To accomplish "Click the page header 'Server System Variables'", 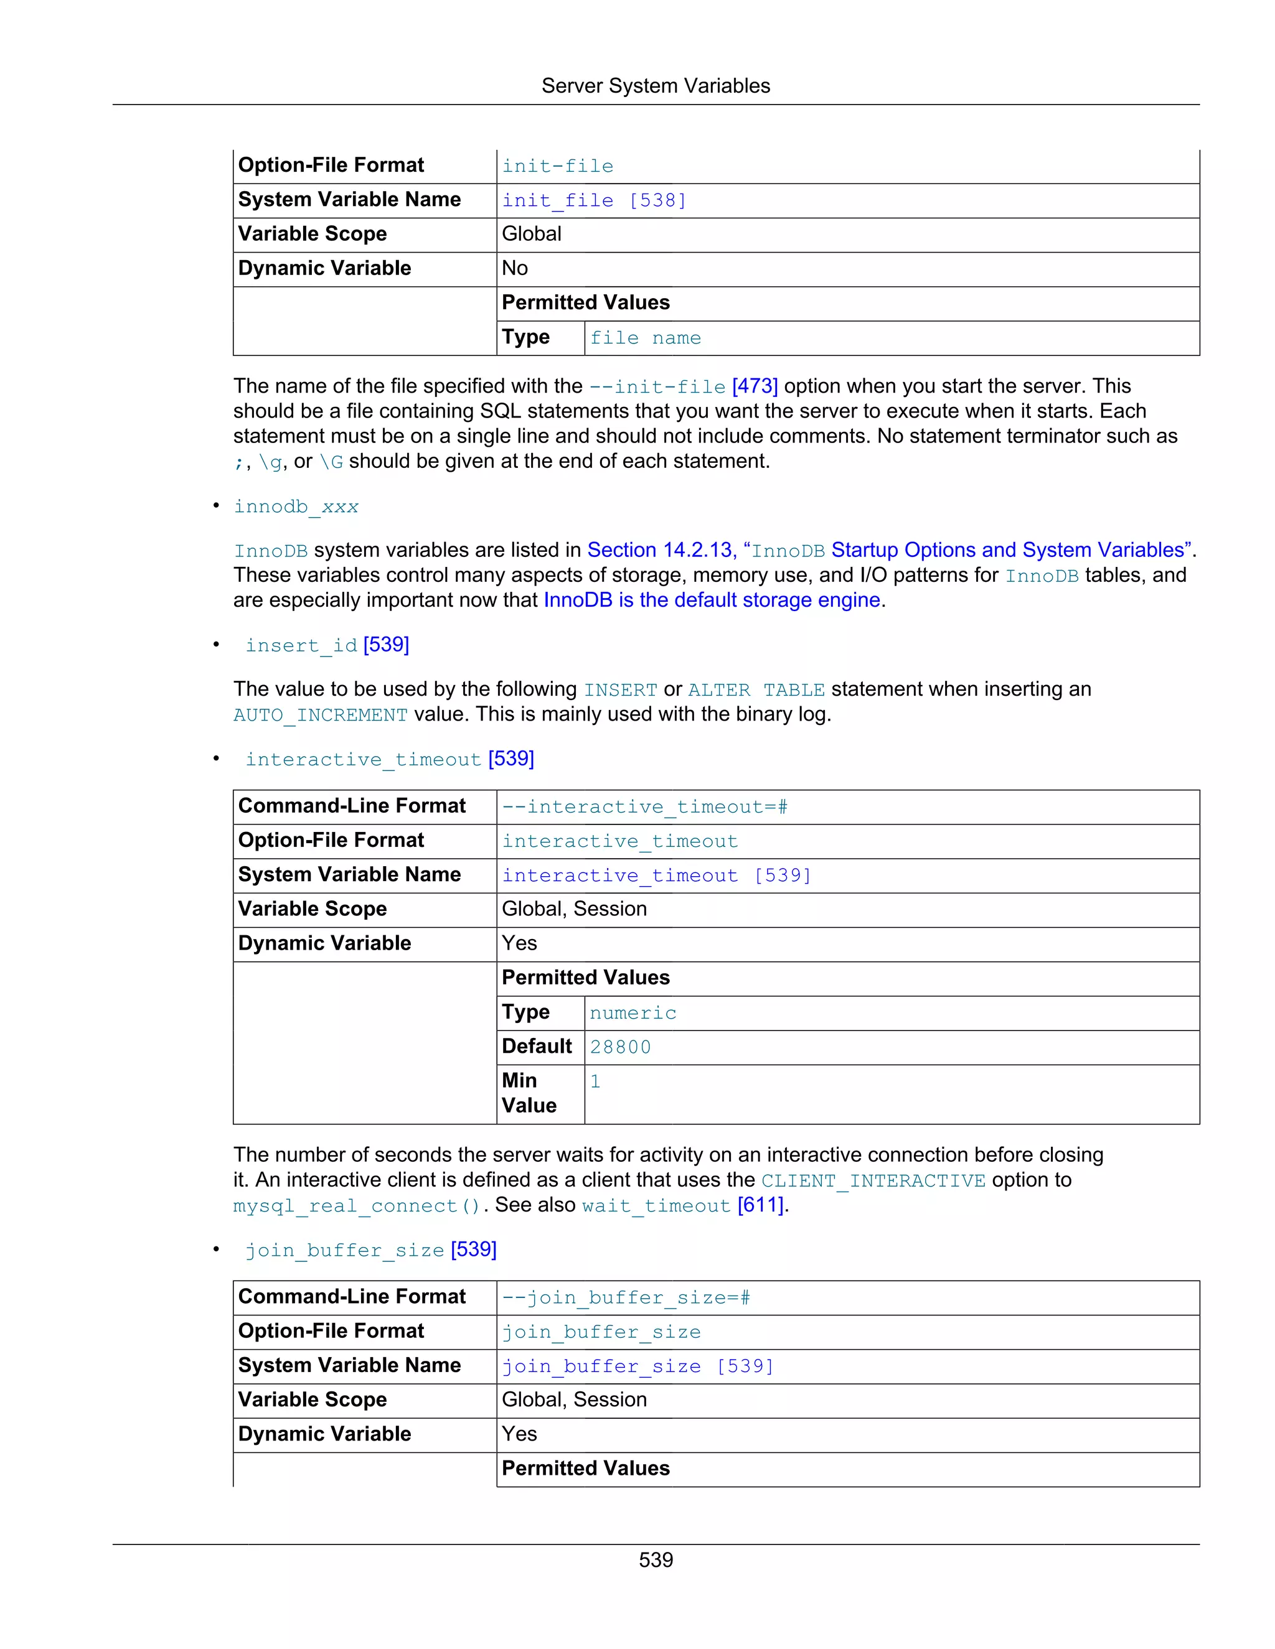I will (x=655, y=86).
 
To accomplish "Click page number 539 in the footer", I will (x=655, y=1560).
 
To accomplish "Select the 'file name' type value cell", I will (x=645, y=339).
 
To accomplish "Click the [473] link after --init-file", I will (x=755, y=386).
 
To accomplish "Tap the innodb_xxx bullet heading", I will (x=296, y=507).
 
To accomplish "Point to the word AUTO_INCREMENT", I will (x=320, y=714).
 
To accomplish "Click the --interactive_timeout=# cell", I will (x=644, y=807).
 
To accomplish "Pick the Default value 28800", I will (x=620, y=1047).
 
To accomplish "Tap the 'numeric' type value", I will (x=633, y=1012).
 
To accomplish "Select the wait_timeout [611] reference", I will (x=684, y=1205).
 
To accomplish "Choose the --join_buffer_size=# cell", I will (x=626, y=1298).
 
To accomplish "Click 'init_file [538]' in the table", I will (x=594, y=200).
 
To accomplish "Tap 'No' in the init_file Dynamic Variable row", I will (x=515, y=268).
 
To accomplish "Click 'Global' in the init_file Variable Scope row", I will (x=532, y=234).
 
